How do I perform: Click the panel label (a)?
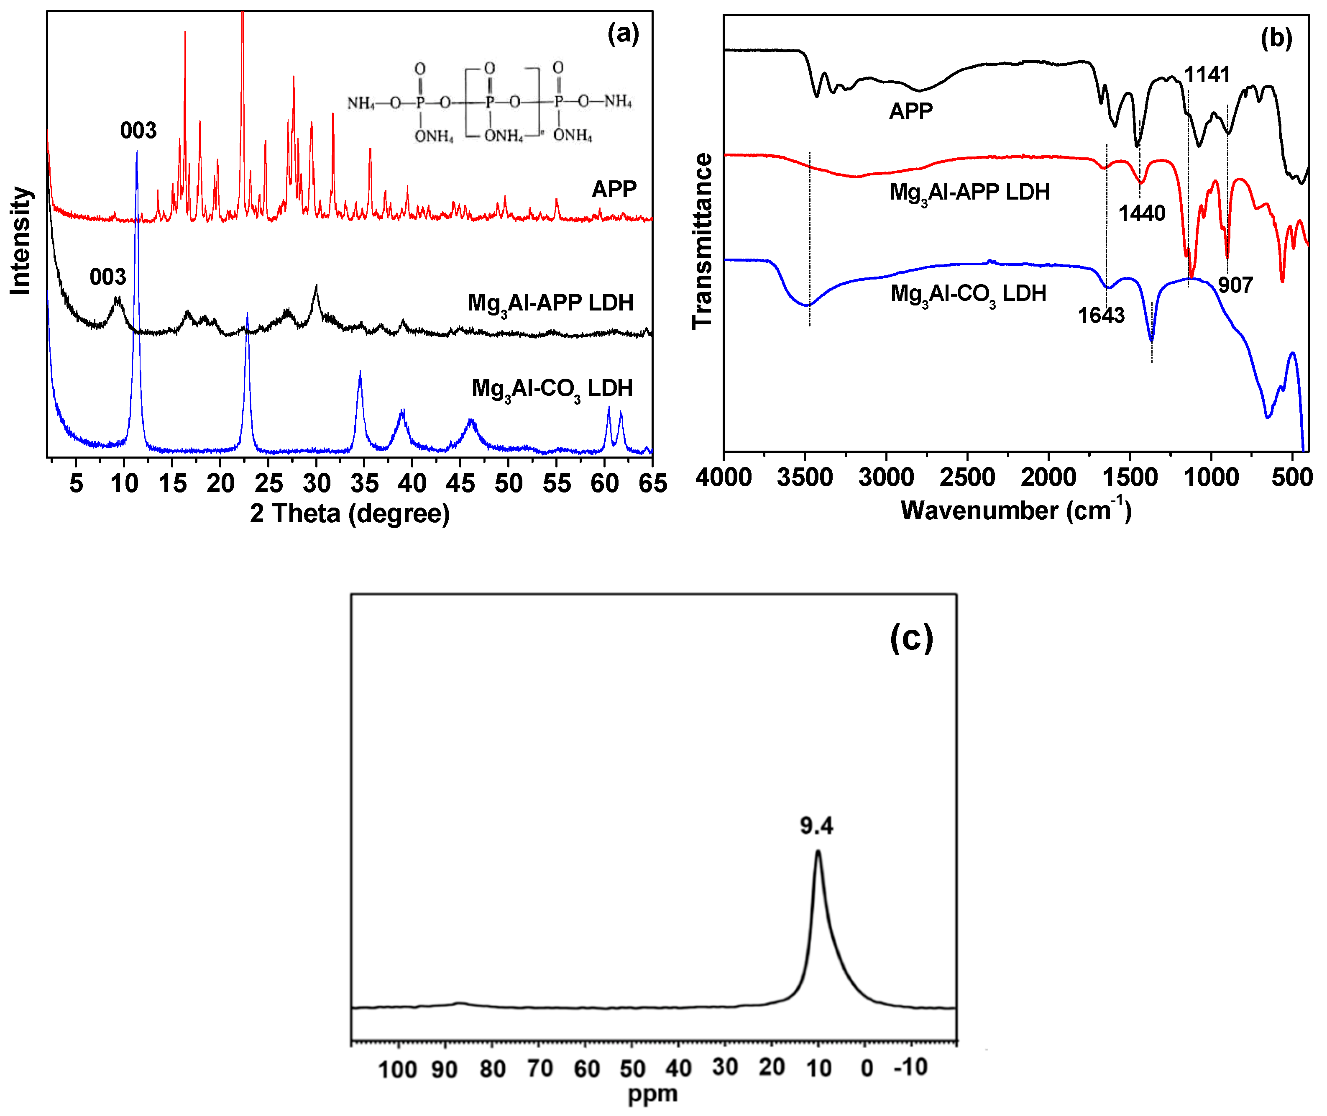tap(623, 33)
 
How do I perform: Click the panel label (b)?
tap(1276, 38)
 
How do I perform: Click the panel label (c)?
tap(911, 638)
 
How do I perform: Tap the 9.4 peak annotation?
tap(816, 826)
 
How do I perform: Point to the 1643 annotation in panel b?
tap(1101, 315)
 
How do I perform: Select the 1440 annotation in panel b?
tap(1141, 213)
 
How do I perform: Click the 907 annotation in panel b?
tap(1235, 285)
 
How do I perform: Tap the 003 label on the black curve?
tap(107, 277)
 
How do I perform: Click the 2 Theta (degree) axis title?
tap(350, 513)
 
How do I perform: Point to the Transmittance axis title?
tap(702, 241)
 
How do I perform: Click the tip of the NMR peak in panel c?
tap(818, 851)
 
